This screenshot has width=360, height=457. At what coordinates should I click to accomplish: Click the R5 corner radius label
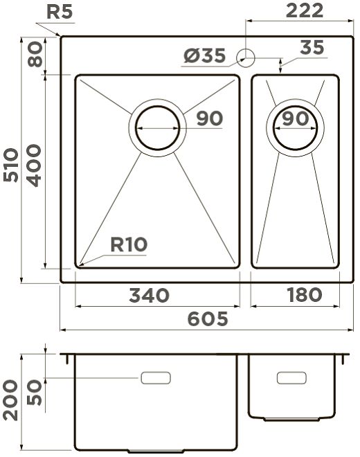(x=60, y=12)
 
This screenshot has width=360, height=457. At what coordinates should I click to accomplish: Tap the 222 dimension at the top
(x=305, y=10)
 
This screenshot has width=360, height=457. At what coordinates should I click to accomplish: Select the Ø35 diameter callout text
(x=205, y=55)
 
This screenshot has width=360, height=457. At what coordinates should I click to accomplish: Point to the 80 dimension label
(x=35, y=54)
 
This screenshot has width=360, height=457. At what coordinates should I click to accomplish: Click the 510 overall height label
(x=11, y=165)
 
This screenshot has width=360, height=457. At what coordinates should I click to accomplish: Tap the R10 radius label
(x=129, y=244)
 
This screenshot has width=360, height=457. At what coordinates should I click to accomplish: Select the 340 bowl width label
(x=150, y=295)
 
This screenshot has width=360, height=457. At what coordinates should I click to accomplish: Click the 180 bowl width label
(x=305, y=295)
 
